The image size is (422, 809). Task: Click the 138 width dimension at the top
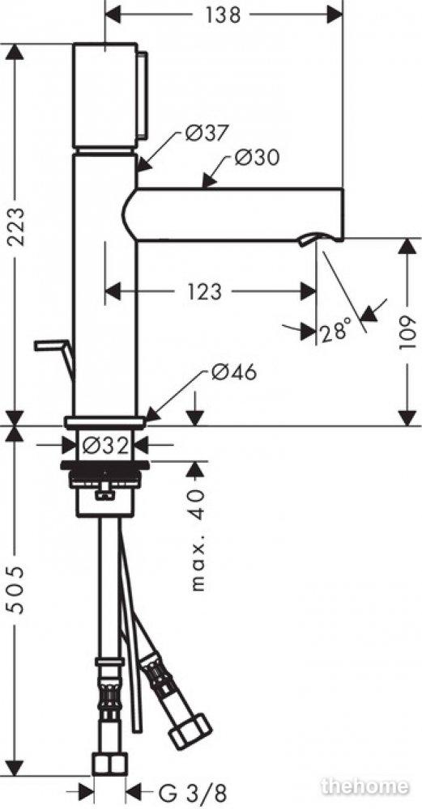224,15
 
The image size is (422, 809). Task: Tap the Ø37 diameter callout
206,133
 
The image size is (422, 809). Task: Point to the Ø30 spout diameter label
257,157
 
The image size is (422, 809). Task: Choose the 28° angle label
335,331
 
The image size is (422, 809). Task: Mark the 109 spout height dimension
407,332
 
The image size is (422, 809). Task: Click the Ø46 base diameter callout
233,371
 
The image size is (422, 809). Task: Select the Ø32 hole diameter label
105,445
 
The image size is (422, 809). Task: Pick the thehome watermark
364,786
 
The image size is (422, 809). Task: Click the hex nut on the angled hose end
190,731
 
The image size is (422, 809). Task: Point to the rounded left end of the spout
130,214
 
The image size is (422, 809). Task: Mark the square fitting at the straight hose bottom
109,764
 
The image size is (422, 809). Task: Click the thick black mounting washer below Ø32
104,466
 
